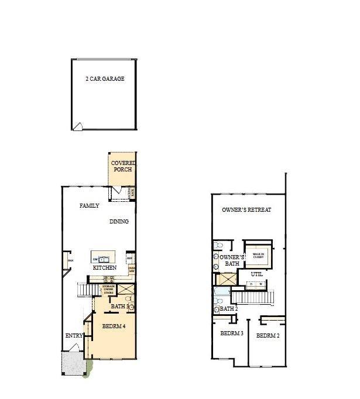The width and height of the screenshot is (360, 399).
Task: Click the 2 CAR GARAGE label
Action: click(x=105, y=78)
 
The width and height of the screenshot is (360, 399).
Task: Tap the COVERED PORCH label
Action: click(x=123, y=166)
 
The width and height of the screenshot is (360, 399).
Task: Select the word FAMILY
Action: click(x=90, y=206)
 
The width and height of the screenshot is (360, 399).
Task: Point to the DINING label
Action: click(x=119, y=222)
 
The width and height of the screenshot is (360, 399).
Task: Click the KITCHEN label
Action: click(x=105, y=268)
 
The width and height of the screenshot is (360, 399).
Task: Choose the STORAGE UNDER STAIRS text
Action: click(x=108, y=288)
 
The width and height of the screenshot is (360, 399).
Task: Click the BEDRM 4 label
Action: click(x=114, y=326)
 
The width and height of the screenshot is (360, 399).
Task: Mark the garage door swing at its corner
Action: click(x=78, y=125)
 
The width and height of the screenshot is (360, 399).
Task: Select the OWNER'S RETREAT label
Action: click(x=246, y=209)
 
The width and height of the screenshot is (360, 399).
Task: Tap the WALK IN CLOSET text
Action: click(x=258, y=255)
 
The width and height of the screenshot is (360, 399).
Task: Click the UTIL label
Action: click(x=256, y=274)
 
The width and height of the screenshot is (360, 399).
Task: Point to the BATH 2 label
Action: click(x=228, y=308)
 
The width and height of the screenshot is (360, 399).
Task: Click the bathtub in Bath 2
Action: click(x=224, y=291)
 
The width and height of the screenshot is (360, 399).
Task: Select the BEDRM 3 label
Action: click(x=231, y=333)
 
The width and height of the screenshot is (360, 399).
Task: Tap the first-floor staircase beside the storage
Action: click(x=86, y=289)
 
